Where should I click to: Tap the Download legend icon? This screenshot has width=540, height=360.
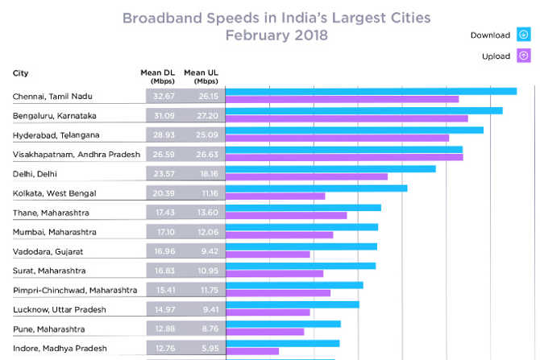(523, 35)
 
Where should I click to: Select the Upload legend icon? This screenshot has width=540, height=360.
(523, 56)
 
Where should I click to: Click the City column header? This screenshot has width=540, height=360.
(22, 74)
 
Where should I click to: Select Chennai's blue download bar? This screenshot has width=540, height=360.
(371, 91)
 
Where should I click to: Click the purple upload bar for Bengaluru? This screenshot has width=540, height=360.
(347, 118)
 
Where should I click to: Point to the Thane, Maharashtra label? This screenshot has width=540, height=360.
(51, 213)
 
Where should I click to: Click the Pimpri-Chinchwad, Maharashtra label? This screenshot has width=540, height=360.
(75, 290)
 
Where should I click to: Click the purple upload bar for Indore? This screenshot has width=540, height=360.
(252, 351)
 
